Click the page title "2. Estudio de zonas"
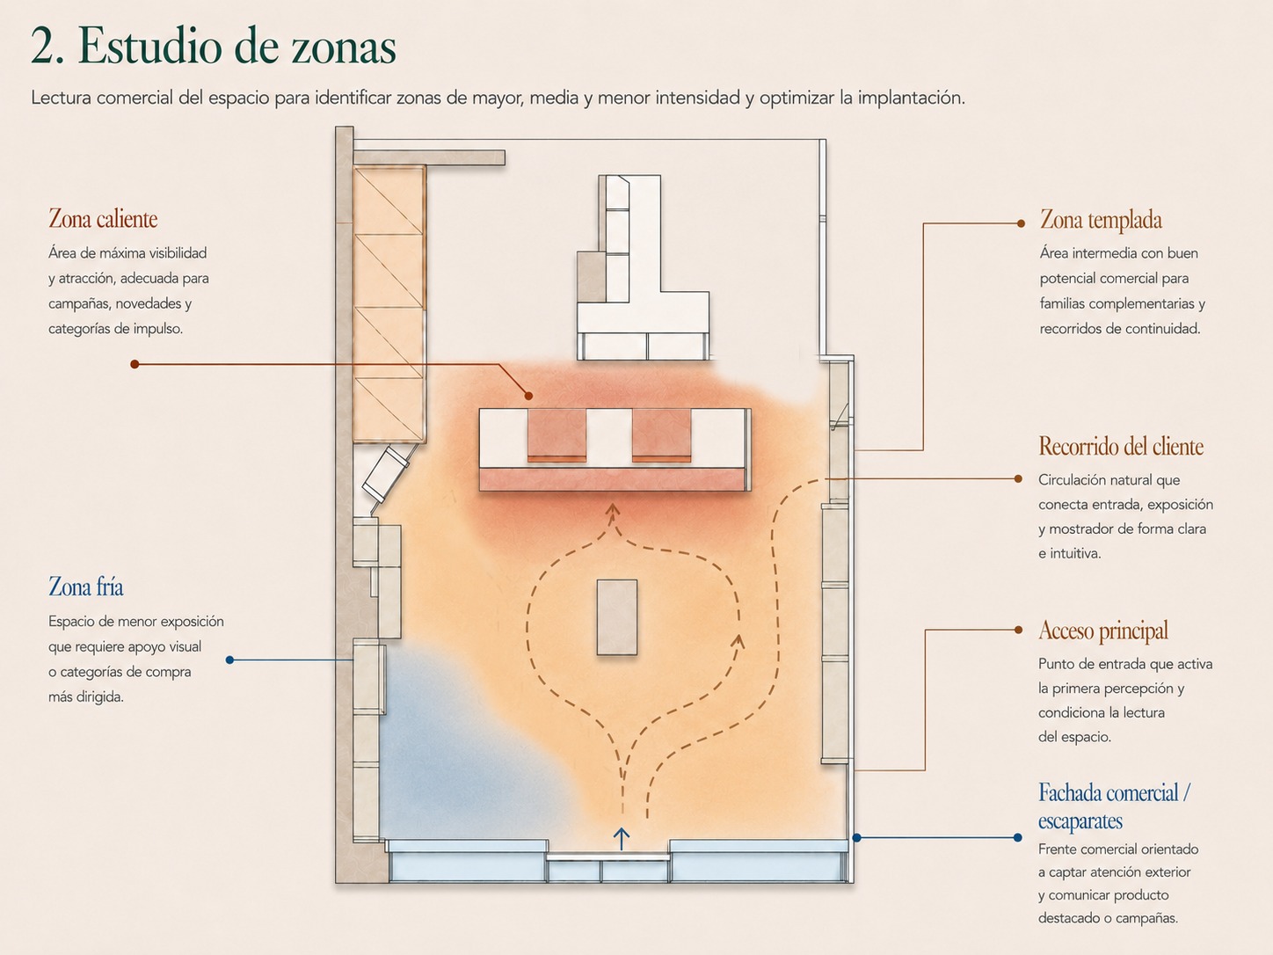click(x=214, y=47)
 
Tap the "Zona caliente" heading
click(x=103, y=219)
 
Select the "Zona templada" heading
click(x=1101, y=220)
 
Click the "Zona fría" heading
click(x=86, y=587)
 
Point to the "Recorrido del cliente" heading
click(x=1121, y=447)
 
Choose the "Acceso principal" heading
click(x=1103, y=631)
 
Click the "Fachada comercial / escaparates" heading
click(x=1114, y=806)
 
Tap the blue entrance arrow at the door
click(x=622, y=839)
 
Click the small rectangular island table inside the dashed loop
click(x=617, y=617)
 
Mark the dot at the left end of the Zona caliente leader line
click(x=135, y=364)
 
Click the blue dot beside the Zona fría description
click(x=229, y=660)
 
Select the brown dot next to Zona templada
click(x=1021, y=223)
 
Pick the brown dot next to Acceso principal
click(x=1018, y=630)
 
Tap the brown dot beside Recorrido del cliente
click(x=1018, y=478)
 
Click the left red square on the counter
click(x=556, y=435)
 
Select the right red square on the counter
click(x=661, y=435)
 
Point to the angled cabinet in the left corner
click(x=386, y=473)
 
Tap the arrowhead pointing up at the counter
click(x=613, y=510)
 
